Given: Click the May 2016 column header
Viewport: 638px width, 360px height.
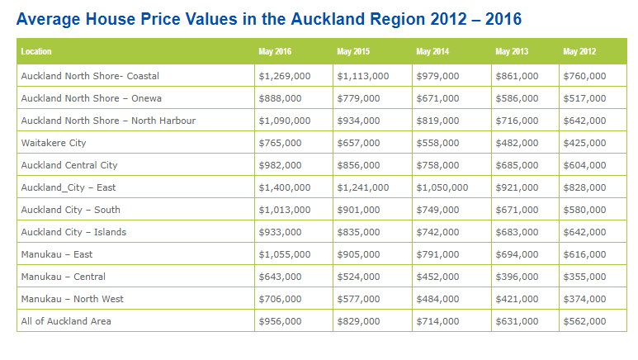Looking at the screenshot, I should (x=274, y=52).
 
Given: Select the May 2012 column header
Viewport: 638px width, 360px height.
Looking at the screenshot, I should (x=579, y=52).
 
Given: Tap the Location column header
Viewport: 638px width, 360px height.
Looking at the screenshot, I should (x=36, y=52).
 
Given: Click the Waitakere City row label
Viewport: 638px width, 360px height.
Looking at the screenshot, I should (x=54, y=143).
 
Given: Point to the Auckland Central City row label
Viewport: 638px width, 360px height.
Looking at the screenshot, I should (x=69, y=165).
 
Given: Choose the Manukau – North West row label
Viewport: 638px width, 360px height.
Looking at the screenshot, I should (x=73, y=299).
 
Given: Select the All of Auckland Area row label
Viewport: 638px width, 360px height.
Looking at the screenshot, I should (x=66, y=320).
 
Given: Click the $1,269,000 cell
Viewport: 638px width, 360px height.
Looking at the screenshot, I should (x=285, y=76).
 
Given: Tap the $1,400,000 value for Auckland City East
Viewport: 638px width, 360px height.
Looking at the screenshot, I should (x=285, y=187).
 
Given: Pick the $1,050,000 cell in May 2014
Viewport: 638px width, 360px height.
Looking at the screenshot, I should (x=442, y=187).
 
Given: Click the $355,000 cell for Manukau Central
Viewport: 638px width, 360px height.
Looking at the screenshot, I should (x=584, y=277).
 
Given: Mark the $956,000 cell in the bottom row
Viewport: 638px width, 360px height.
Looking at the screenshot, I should (x=281, y=320).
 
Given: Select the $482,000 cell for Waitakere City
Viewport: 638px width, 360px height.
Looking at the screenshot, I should (x=517, y=143).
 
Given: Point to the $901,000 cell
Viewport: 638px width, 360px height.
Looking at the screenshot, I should (x=359, y=210).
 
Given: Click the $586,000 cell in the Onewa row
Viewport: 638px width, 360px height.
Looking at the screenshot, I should (x=517, y=98).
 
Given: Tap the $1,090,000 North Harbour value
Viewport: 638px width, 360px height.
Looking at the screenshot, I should (x=285, y=121).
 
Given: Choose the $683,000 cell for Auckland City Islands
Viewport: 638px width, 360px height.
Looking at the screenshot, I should (x=517, y=232).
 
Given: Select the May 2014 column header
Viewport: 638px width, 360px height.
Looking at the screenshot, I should (x=432, y=52).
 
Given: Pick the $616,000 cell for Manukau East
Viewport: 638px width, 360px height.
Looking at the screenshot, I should (x=584, y=254).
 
